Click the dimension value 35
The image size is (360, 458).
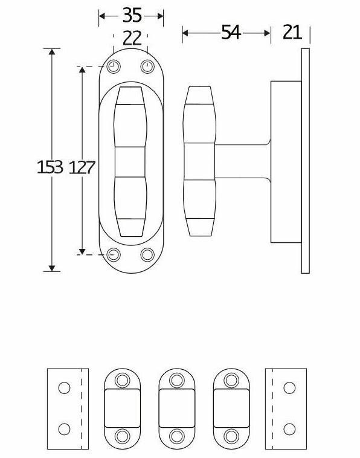pos(131,15)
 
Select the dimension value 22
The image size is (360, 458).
pos(131,39)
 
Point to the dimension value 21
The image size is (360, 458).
pos(292,33)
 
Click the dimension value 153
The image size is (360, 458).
pos(50,167)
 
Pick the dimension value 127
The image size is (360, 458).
pos(82,167)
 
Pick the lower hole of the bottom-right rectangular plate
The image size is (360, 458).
pos(289,429)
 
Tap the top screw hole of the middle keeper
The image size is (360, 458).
pos(176,380)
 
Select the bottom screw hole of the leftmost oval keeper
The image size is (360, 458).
pos(123,436)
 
